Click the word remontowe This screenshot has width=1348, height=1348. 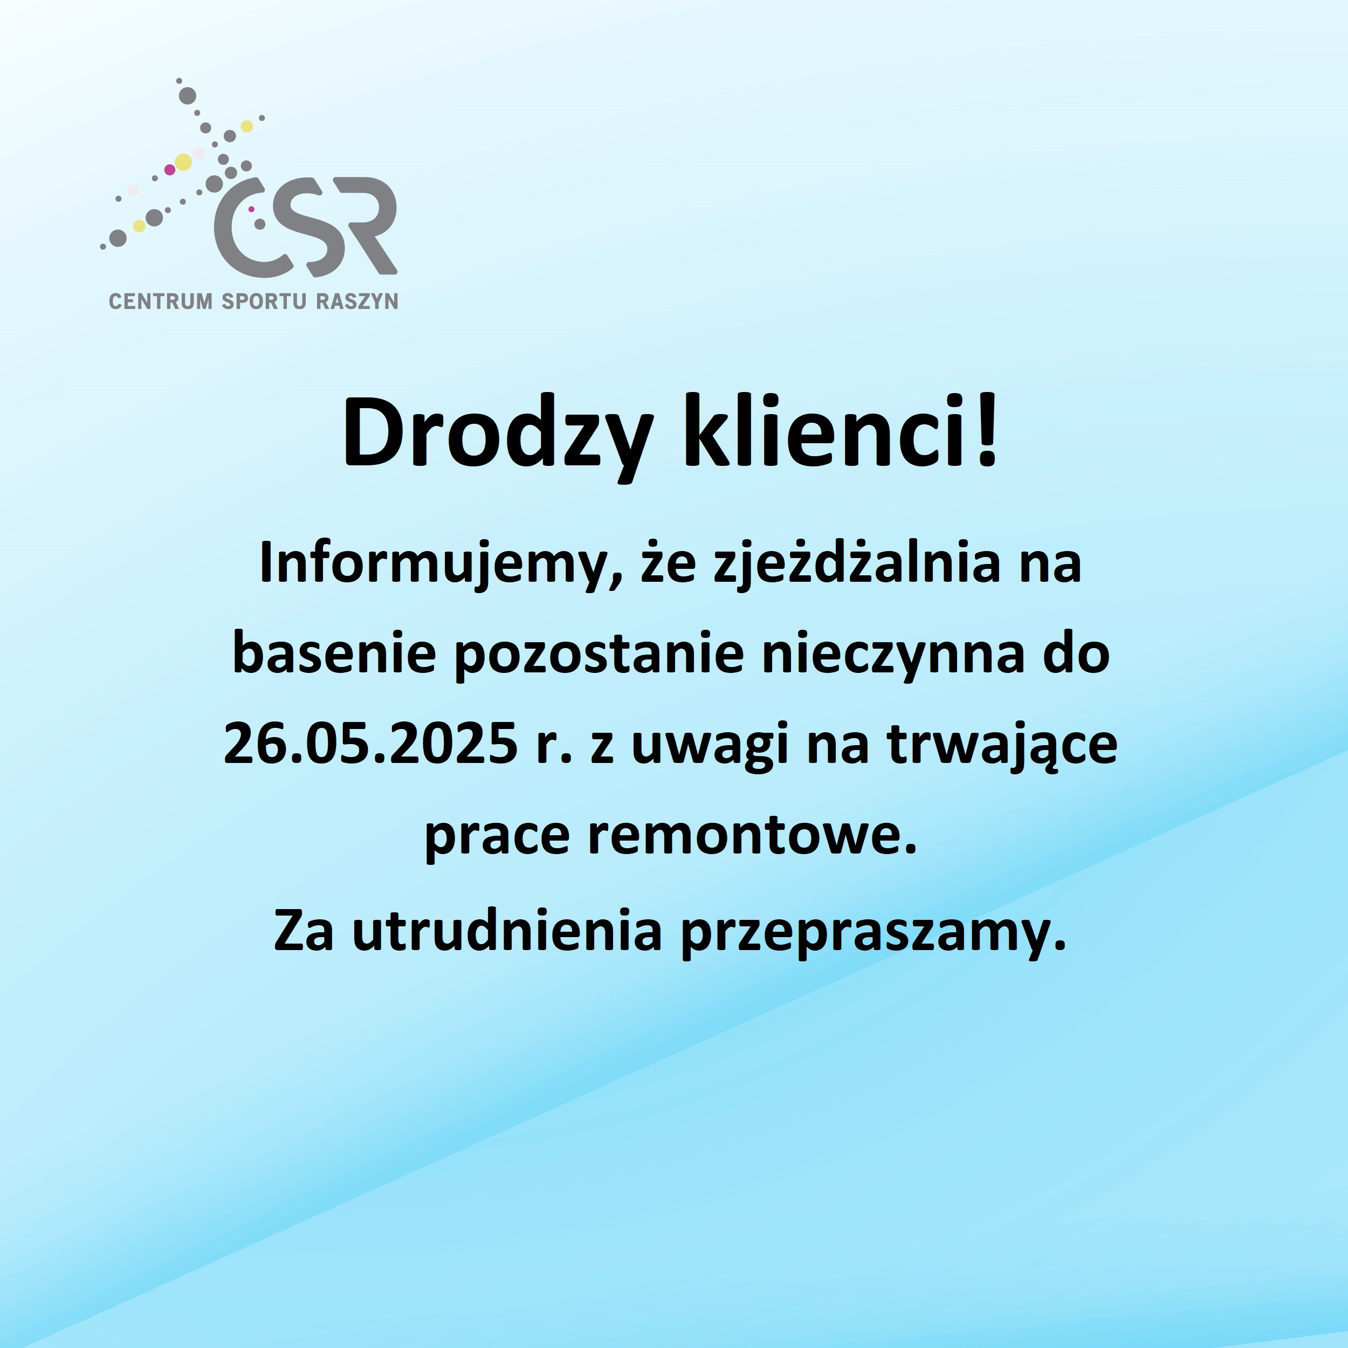[751, 837]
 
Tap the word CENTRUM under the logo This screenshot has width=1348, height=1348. [161, 301]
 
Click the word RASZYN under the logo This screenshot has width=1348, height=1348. [357, 301]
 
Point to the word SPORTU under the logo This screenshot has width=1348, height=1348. [264, 301]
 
